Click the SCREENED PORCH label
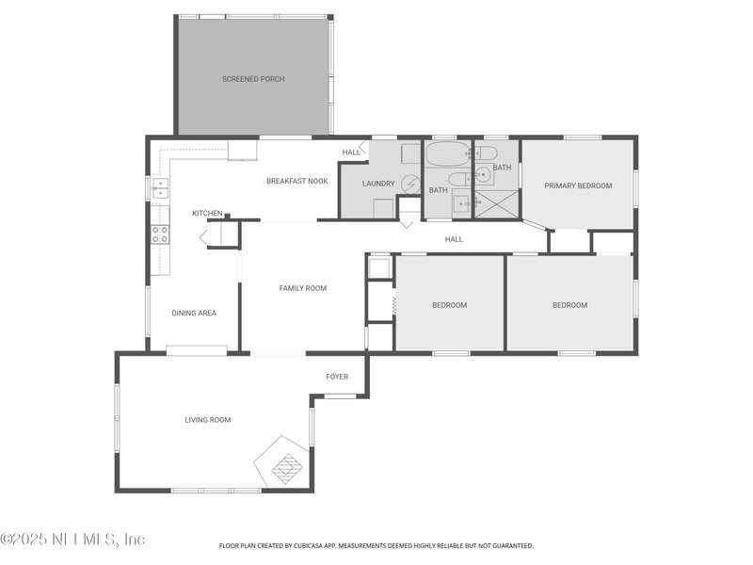point(253,79)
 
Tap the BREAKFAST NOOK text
point(296,181)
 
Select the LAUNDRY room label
point(378,184)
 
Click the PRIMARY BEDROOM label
point(578,186)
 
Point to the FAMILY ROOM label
point(303,288)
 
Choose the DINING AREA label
point(194,313)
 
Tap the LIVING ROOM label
point(207,420)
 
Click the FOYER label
point(337,377)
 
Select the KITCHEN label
point(207,214)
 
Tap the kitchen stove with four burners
point(160,234)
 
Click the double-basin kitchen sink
point(160,188)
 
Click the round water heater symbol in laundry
point(409,184)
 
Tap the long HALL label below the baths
point(454,239)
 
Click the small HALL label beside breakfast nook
point(350,152)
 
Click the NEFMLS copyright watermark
point(72,540)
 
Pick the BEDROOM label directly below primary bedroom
point(569,305)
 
